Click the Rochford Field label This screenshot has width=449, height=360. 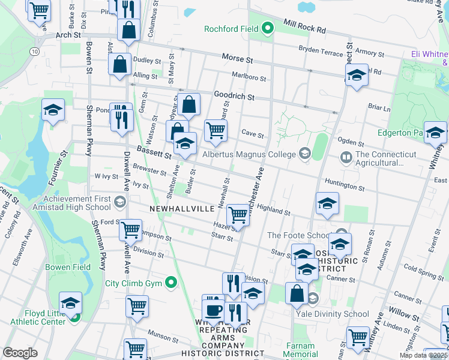[231, 28]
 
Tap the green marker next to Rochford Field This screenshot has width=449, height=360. [268, 28]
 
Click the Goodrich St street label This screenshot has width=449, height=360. [234, 96]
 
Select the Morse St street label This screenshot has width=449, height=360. [238, 60]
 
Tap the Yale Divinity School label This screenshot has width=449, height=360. [340, 313]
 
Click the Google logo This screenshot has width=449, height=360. [20, 352]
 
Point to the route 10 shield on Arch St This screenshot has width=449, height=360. [35, 52]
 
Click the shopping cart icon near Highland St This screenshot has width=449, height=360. [239, 215]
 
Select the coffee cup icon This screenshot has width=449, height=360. [212, 310]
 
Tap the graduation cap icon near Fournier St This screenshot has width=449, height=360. [53, 109]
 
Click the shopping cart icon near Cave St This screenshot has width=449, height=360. [215, 130]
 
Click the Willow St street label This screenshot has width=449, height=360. [403, 314]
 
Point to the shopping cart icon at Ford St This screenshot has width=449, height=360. [130, 229]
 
